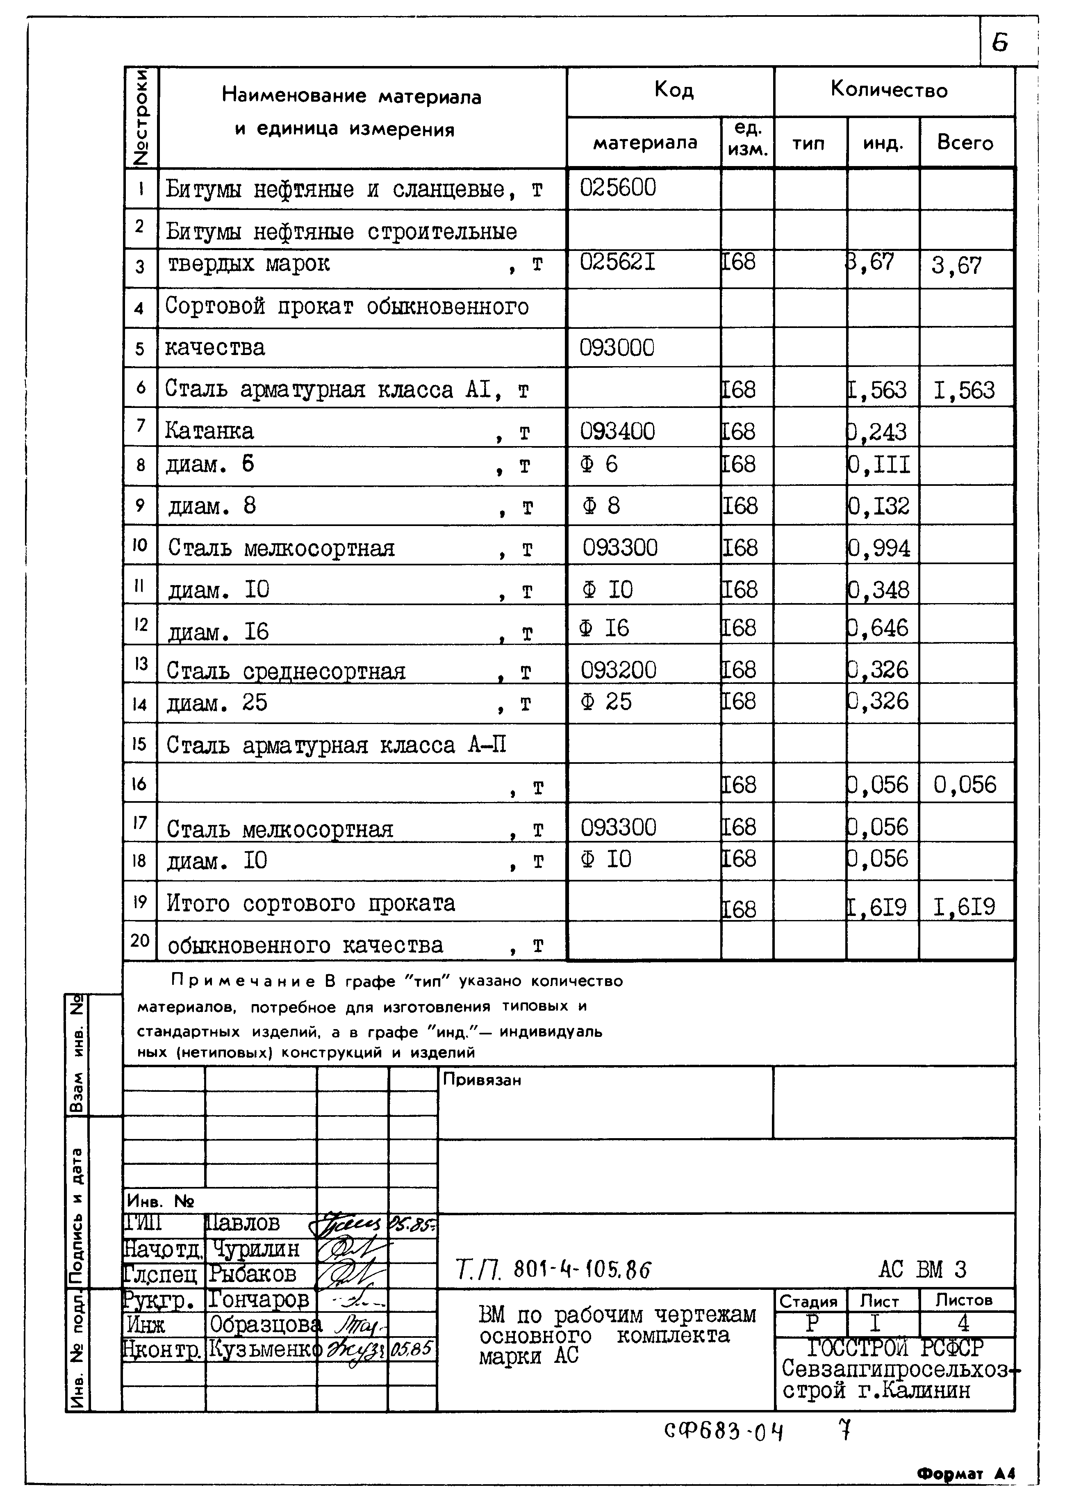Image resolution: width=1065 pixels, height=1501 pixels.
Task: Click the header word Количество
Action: pyautogui.click(x=889, y=89)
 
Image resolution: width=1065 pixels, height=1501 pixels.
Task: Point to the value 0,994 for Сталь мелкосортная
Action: pyautogui.click(x=879, y=547)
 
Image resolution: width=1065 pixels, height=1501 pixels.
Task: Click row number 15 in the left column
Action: pyautogui.click(x=139, y=744)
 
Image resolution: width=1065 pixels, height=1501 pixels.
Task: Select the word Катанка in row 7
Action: pyautogui.click(x=209, y=431)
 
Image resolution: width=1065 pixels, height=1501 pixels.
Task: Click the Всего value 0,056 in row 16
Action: pyautogui.click(x=964, y=785)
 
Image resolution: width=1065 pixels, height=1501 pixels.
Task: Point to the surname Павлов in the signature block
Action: pyautogui.click(x=243, y=1223)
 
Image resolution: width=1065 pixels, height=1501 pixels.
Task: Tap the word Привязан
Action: pyautogui.click(x=481, y=1080)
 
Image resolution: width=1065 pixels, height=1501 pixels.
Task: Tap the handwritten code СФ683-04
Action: pyautogui.click(x=724, y=1431)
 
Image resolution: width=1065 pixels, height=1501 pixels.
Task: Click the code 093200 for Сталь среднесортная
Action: pyautogui.click(x=618, y=670)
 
